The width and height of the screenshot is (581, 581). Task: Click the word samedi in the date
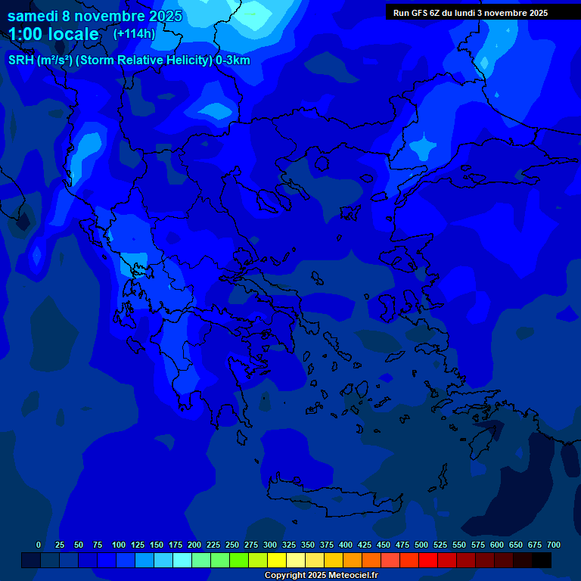[x=34, y=16]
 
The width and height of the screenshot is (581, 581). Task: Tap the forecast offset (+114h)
[x=133, y=33]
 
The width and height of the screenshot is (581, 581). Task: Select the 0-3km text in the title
[x=232, y=61]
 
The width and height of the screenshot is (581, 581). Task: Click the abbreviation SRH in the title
[x=21, y=61]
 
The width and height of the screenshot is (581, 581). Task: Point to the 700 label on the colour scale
[x=553, y=545]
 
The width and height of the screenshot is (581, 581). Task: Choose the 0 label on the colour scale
[x=39, y=545]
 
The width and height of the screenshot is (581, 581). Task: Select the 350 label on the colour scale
[x=308, y=545]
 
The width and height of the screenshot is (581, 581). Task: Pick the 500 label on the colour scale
[x=421, y=545]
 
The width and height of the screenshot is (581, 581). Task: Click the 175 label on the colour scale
[x=176, y=545]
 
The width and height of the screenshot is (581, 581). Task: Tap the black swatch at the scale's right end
[x=542, y=561]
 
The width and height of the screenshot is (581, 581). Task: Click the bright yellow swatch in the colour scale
[x=277, y=561]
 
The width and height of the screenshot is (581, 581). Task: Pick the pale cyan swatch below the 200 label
[x=182, y=561]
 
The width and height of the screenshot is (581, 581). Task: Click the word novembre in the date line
[x=113, y=16]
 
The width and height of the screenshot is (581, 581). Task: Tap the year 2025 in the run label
[x=536, y=13]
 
